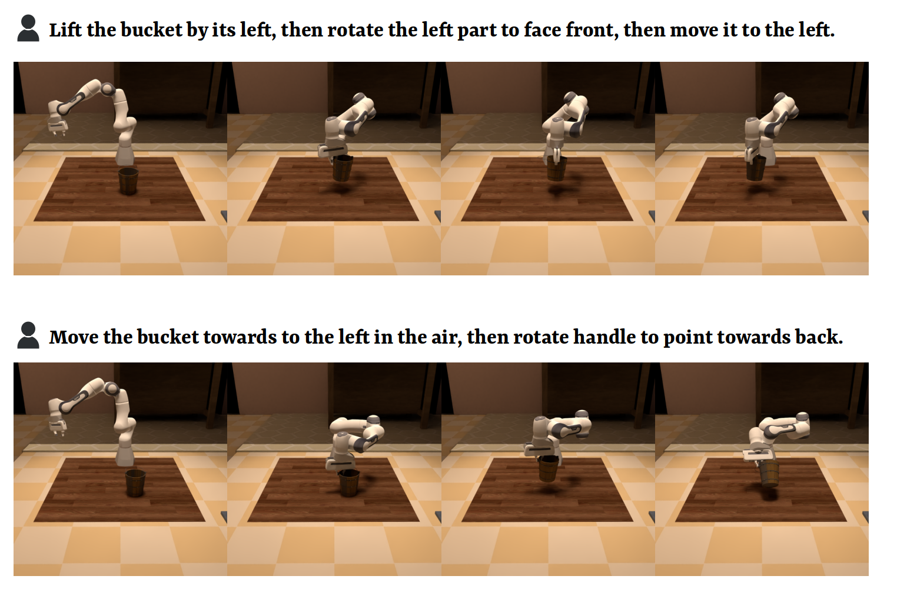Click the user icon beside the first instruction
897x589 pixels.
(x=28, y=28)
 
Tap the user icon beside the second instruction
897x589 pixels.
(x=28, y=335)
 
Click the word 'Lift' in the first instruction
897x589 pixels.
(x=65, y=30)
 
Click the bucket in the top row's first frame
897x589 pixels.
(x=128, y=181)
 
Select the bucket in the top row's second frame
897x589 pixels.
(x=343, y=168)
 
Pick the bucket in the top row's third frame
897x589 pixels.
(x=557, y=168)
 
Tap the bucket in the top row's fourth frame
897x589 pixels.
(x=756, y=168)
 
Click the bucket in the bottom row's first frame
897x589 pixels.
(x=135, y=483)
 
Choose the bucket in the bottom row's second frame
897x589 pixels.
(x=349, y=483)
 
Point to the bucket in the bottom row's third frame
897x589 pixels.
(x=548, y=468)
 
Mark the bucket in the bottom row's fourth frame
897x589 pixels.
(x=769, y=473)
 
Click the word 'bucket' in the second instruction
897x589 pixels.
(x=168, y=337)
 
